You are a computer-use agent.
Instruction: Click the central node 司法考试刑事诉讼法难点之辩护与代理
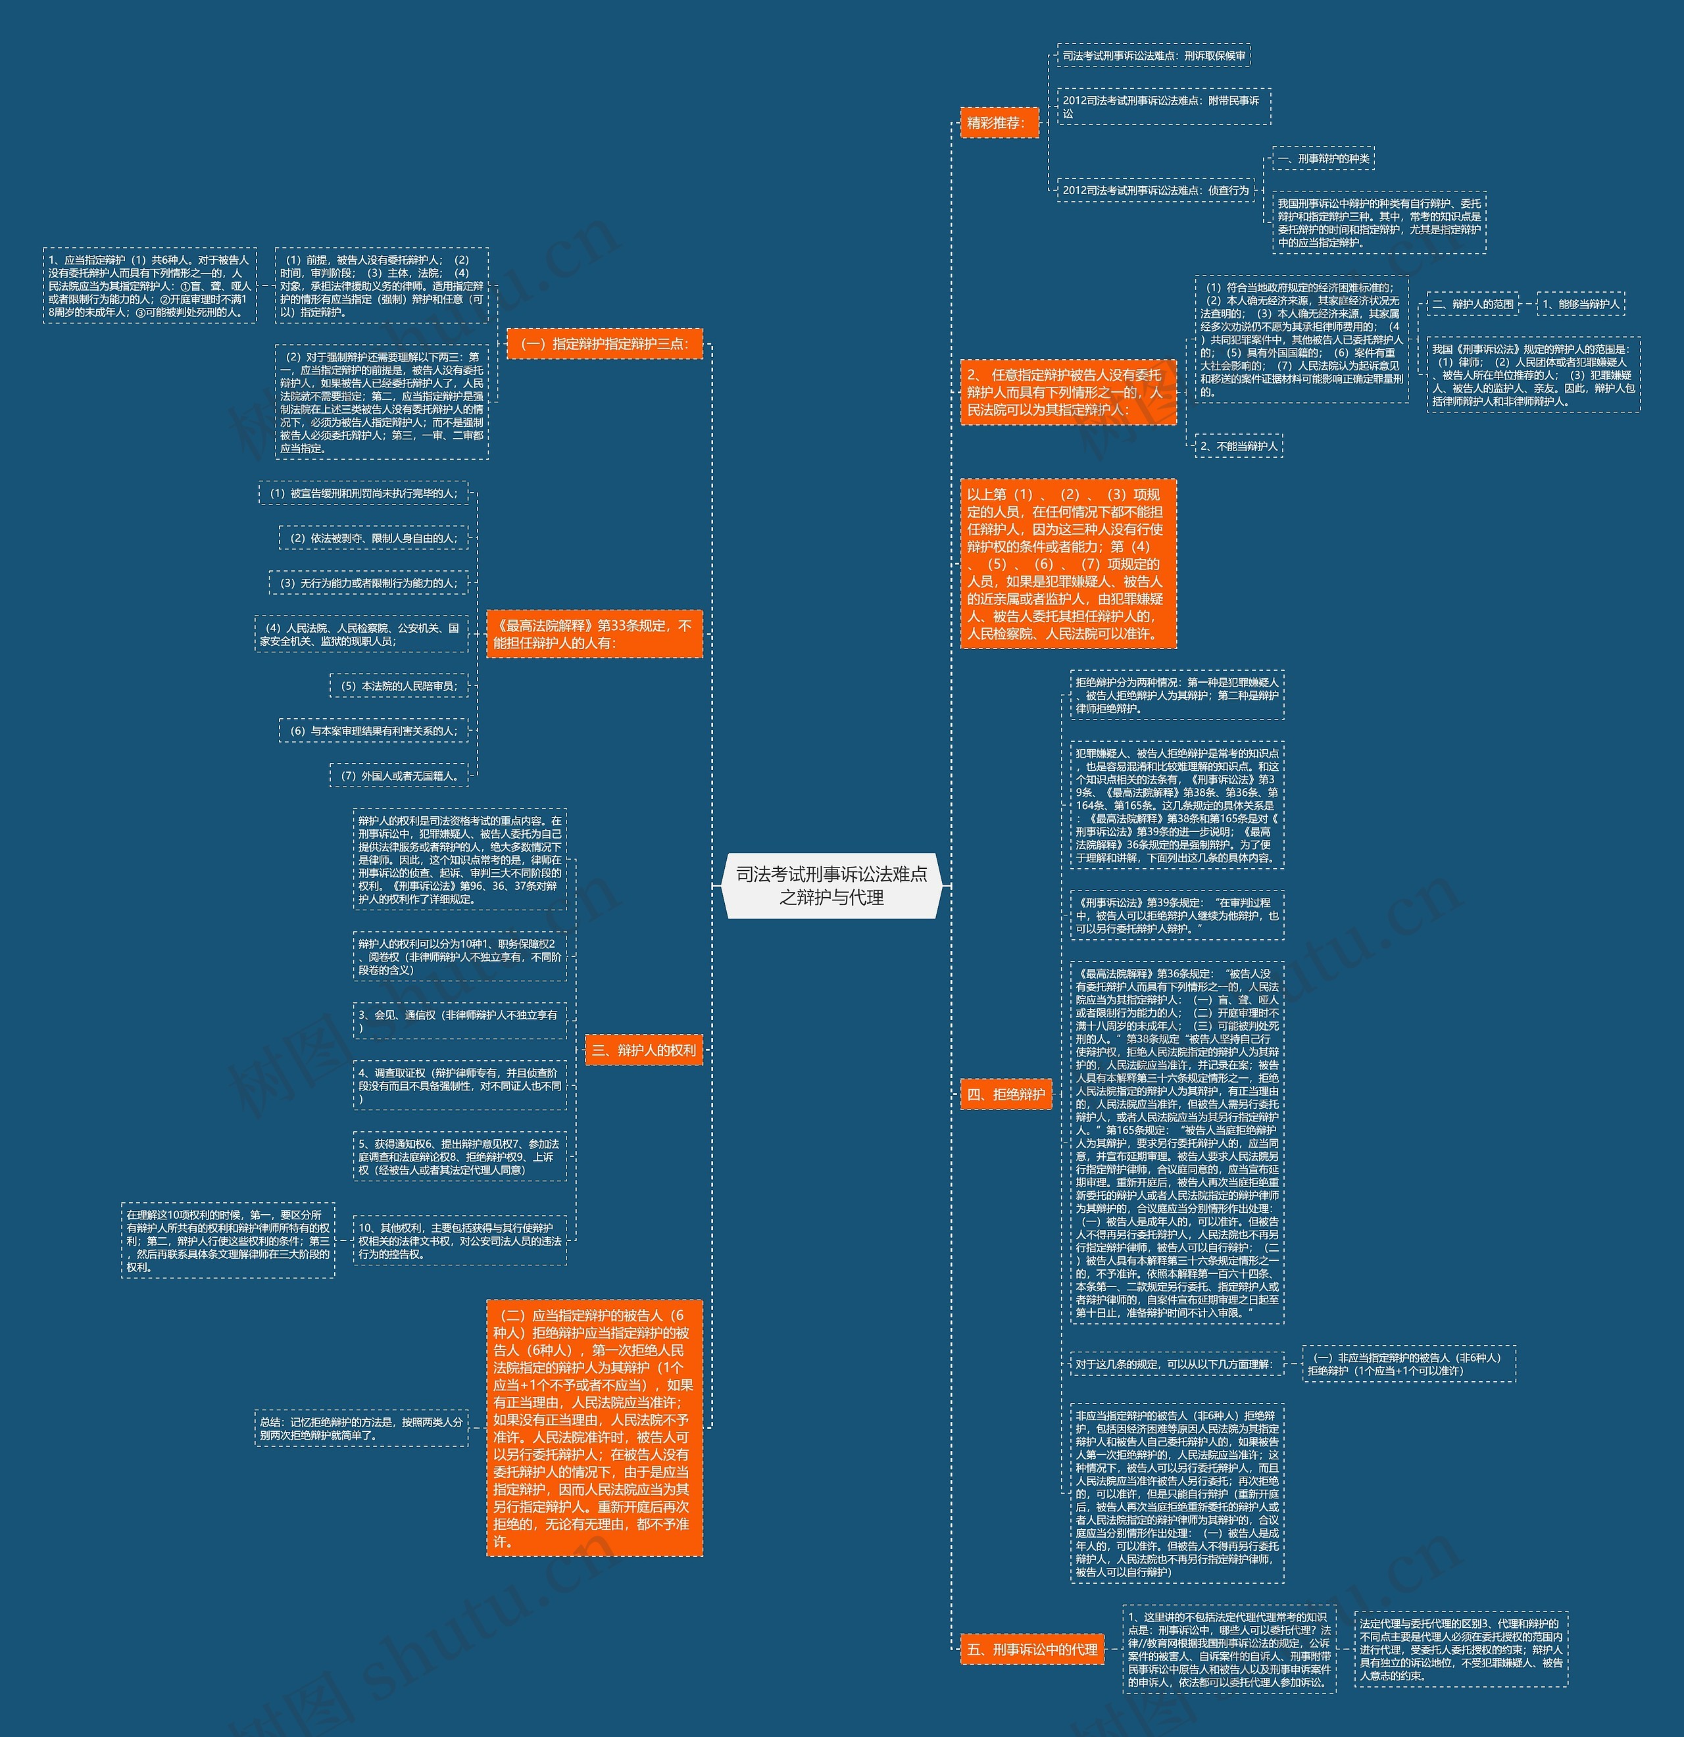pos(831,885)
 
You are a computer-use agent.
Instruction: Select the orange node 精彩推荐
pos(999,123)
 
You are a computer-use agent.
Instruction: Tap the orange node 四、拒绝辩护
pos(1006,1094)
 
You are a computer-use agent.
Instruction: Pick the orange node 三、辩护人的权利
pos(643,1050)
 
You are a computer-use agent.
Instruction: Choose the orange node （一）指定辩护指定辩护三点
pos(605,344)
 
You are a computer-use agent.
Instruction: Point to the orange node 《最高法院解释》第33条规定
pos(594,633)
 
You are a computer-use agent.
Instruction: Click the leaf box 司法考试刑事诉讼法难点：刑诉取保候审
pos(1154,56)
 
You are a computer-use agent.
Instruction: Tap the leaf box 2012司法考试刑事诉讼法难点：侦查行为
pos(1156,191)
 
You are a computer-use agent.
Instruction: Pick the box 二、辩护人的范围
pos(1472,304)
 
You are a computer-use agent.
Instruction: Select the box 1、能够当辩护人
pos(1580,304)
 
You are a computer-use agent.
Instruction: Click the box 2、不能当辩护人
pos(1238,446)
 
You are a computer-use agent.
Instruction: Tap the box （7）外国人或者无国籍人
pos(399,775)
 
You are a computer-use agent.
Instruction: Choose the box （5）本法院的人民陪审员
pos(399,686)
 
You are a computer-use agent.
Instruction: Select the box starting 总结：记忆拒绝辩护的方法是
pos(360,1429)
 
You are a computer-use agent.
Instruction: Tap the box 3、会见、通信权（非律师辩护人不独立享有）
pos(459,1021)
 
